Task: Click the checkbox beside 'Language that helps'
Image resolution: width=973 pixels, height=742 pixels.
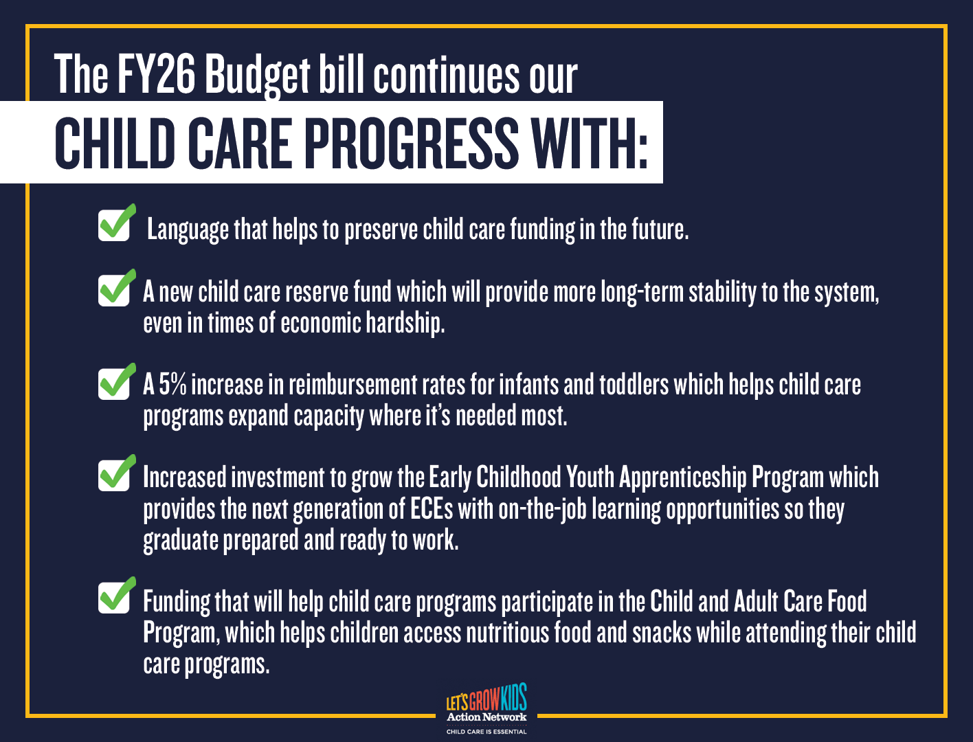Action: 114,225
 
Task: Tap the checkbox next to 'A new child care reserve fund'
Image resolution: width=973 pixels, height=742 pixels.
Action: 114,289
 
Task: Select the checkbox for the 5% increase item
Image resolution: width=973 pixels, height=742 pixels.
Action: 114,383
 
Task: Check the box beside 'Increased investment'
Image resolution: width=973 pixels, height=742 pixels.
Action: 114,475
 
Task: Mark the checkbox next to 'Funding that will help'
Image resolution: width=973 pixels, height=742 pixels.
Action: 114,597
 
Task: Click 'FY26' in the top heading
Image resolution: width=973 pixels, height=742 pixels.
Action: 156,73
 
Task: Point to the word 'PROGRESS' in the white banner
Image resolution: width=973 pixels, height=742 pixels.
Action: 412,143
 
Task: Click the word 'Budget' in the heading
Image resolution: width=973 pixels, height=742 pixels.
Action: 257,76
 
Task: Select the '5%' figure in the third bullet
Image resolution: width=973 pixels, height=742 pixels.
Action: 173,384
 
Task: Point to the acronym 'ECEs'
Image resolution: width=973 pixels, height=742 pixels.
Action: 432,509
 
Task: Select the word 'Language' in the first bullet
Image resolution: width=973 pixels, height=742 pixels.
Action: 188,230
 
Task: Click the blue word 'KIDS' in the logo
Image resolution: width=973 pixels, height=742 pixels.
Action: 514,697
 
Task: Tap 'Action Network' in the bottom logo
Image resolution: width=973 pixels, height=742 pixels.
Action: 486,717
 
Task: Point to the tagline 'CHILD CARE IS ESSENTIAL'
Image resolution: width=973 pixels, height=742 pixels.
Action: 486,732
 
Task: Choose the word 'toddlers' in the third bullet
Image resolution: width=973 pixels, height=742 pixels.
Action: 634,384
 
